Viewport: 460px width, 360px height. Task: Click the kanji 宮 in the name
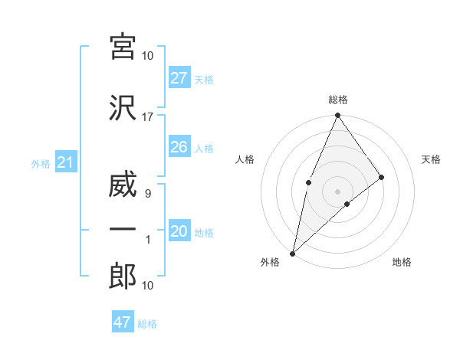pyautogui.click(x=122, y=47)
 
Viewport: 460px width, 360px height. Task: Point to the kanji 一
pyautogui.click(x=122, y=230)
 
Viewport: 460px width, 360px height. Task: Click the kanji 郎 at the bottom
pyautogui.click(x=122, y=277)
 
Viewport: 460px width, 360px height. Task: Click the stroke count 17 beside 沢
pyautogui.click(x=148, y=117)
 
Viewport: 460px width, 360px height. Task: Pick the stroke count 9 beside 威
pyautogui.click(x=147, y=194)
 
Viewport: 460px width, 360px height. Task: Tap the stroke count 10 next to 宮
pyautogui.click(x=148, y=56)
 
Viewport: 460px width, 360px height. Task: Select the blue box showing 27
pyautogui.click(x=179, y=78)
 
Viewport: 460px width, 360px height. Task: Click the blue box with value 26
pyautogui.click(x=179, y=147)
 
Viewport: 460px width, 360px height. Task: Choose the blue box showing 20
pyautogui.click(x=179, y=232)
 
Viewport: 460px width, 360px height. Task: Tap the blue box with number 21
pyautogui.click(x=65, y=163)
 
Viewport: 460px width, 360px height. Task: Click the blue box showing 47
pyautogui.click(x=122, y=322)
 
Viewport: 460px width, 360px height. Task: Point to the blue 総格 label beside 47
pyautogui.click(x=147, y=324)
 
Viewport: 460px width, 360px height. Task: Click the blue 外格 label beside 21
pyautogui.click(x=41, y=164)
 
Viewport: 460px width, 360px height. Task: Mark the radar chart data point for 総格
pyautogui.click(x=337, y=116)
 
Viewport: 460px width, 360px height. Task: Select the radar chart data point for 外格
pyautogui.click(x=292, y=253)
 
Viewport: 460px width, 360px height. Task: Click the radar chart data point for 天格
pyautogui.click(x=381, y=177)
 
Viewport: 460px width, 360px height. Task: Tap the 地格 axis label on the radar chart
pyautogui.click(x=402, y=263)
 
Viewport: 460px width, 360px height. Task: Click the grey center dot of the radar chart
pyautogui.click(x=337, y=191)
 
